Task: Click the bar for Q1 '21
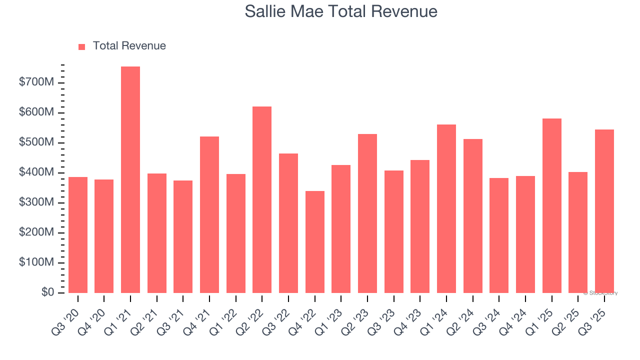click(130, 180)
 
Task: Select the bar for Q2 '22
click(262, 200)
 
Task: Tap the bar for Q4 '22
click(315, 242)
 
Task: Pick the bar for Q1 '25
click(552, 206)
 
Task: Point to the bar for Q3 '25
click(604, 211)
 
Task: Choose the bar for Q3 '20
click(78, 235)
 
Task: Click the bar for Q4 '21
click(209, 215)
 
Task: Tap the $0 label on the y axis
click(48, 292)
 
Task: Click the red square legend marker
click(82, 46)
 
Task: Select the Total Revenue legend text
click(129, 46)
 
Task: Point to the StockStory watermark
click(600, 293)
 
